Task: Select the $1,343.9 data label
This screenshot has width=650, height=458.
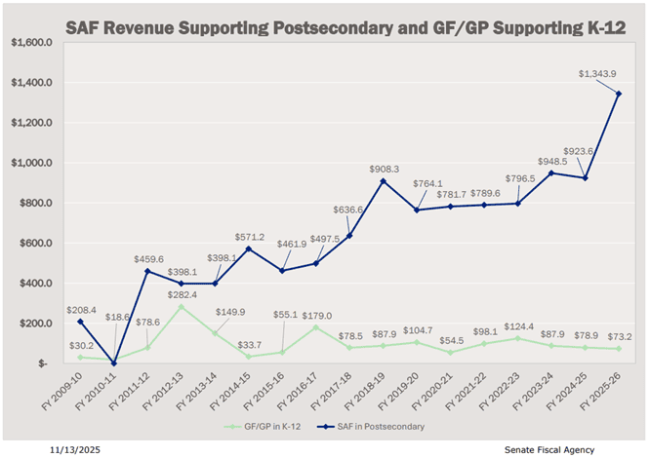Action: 595,73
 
